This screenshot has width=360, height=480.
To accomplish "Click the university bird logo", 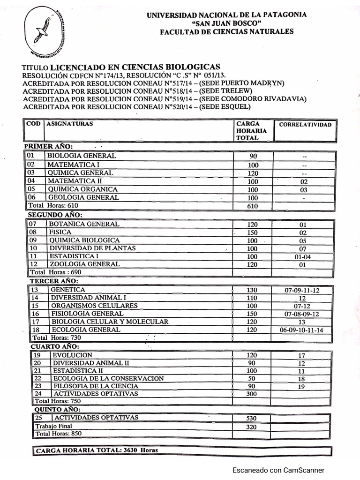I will [x=45, y=29].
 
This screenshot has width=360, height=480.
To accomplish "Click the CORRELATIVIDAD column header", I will [x=305, y=125].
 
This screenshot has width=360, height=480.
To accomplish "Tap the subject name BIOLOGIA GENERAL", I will [x=82, y=156].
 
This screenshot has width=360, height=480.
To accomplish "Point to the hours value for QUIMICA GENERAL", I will [x=253, y=173].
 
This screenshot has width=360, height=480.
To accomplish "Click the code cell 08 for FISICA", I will [x=33, y=232].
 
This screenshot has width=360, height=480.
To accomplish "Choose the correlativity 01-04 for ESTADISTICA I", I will [x=302, y=256].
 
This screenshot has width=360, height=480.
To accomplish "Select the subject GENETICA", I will [x=68, y=290].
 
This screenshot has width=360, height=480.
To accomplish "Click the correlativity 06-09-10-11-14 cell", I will [x=304, y=330].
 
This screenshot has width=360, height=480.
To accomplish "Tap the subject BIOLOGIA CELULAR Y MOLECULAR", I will [x=110, y=322].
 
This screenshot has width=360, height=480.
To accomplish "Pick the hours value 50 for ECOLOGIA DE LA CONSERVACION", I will [x=252, y=378].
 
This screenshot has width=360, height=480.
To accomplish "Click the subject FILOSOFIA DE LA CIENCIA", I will [x=96, y=386].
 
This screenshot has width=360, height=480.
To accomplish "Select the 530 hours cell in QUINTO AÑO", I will [x=252, y=418].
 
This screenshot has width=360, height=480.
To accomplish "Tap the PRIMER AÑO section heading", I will [x=48, y=147].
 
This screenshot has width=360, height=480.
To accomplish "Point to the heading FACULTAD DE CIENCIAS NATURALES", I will [x=227, y=32].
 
